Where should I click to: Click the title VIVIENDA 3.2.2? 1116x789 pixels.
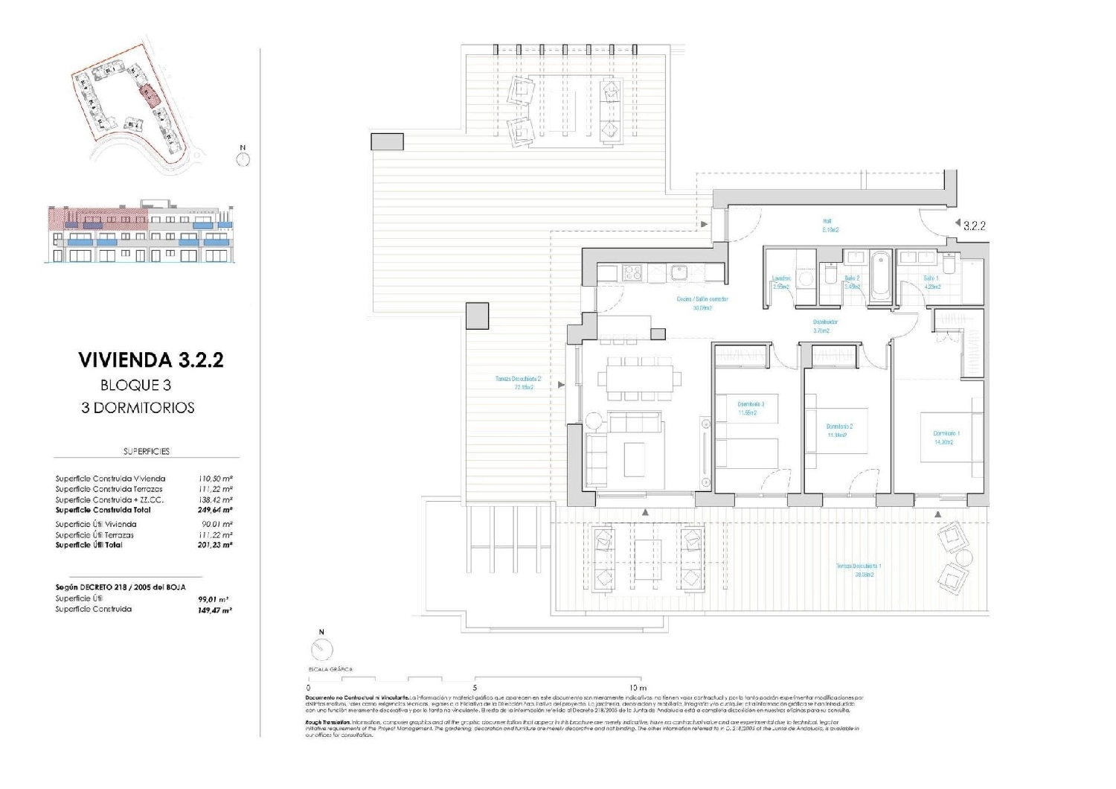(151, 360)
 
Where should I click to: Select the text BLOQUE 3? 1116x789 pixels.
(135, 386)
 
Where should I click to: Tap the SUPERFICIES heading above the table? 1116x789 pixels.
(147, 451)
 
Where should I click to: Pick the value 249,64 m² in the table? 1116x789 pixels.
(216, 511)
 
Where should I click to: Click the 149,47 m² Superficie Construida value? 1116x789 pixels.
(214, 610)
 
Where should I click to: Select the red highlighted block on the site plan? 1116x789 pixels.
(150, 95)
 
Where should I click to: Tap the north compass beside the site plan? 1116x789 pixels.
(243, 158)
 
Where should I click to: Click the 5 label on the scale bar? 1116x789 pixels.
(475, 688)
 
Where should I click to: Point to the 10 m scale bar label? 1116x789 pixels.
(638, 688)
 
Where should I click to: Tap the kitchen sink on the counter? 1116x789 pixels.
(679, 273)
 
